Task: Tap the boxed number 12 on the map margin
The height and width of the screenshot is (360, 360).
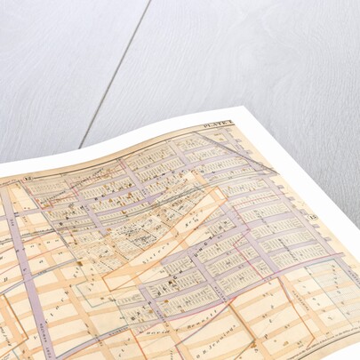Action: [29, 181]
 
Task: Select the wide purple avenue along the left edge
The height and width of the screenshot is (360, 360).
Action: [27, 284]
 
